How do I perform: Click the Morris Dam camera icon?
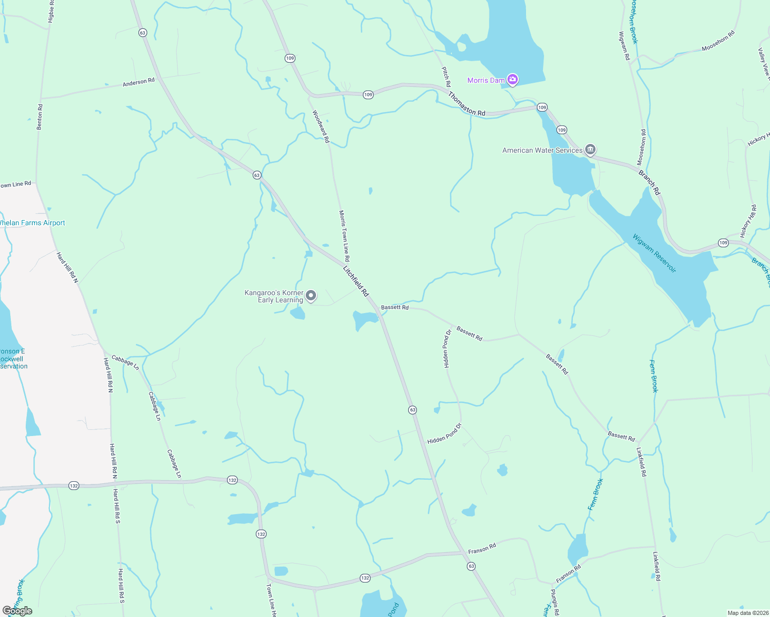pyautogui.click(x=512, y=79)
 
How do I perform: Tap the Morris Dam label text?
pyautogui.click(x=485, y=80)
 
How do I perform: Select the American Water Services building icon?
pyautogui.click(x=590, y=150)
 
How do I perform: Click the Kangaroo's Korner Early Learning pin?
pyautogui.click(x=311, y=296)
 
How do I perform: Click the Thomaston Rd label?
pyautogui.click(x=466, y=103)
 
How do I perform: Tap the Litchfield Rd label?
pyautogui.click(x=356, y=281)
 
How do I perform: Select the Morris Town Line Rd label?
pyautogui.click(x=344, y=235)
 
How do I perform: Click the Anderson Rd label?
pyautogui.click(x=138, y=82)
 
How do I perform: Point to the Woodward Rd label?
pyautogui.click(x=321, y=126)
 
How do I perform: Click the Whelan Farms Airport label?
pyautogui.click(x=32, y=223)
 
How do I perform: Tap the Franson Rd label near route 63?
pyautogui.click(x=482, y=549)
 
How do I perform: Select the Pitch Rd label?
pyautogui.click(x=446, y=77)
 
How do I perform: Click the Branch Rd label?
pyautogui.click(x=649, y=183)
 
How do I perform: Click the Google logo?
pyautogui.click(x=17, y=611)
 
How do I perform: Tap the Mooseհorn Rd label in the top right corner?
pyautogui.click(x=718, y=41)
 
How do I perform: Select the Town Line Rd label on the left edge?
pyautogui.click(x=15, y=184)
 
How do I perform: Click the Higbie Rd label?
pyautogui.click(x=51, y=11)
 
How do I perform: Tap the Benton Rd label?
pyautogui.click(x=40, y=117)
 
